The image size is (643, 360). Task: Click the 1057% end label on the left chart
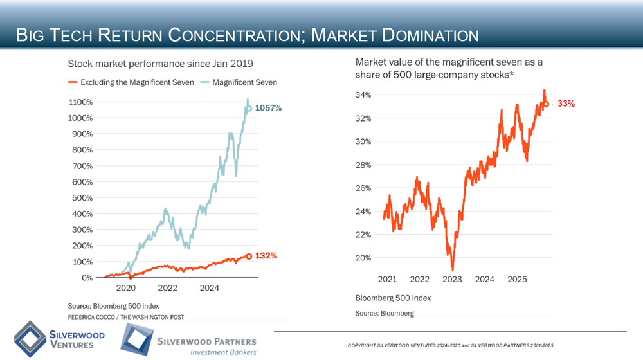point(269,109)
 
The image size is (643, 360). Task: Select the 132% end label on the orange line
point(266,256)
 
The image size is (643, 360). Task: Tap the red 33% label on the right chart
point(566,104)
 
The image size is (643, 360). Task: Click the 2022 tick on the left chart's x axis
point(168,289)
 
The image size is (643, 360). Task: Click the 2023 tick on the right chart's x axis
point(452,280)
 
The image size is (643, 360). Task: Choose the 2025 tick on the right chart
point(518,280)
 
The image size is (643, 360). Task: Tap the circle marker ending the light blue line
point(249,109)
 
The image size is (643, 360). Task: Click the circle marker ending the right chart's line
point(546,104)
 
